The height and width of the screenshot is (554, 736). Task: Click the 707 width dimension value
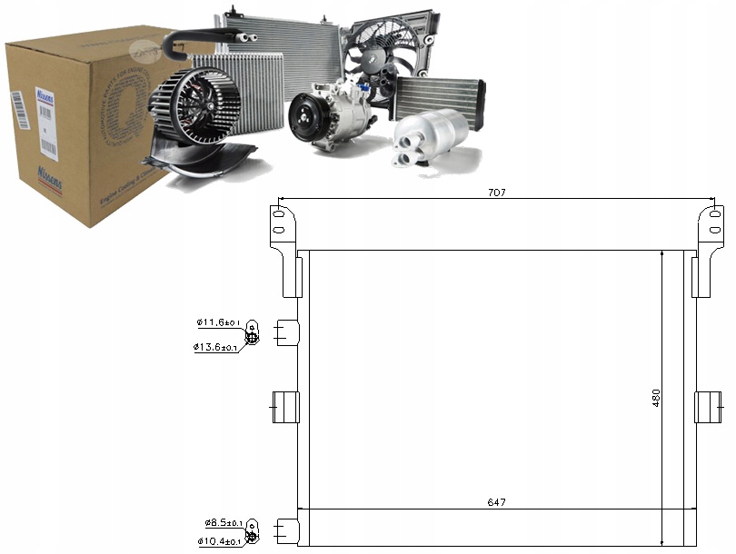[x=495, y=193]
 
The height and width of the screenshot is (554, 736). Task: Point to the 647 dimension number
[x=495, y=502]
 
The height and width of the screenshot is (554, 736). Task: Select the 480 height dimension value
[x=656, y=397]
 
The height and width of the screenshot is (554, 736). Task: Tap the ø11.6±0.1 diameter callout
[x=217, y=322]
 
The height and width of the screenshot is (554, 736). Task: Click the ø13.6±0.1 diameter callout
[x=215, y=347]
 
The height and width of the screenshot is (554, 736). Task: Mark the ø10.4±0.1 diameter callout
[x=217, y=542]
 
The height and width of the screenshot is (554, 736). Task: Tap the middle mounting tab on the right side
[x=707, y=407]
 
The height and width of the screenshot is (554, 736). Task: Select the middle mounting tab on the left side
[x=287, y=407]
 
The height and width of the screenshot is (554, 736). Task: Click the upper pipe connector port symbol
[x=253, y=333]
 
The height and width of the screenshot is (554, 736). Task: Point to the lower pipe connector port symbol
[x=254, y=531]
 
